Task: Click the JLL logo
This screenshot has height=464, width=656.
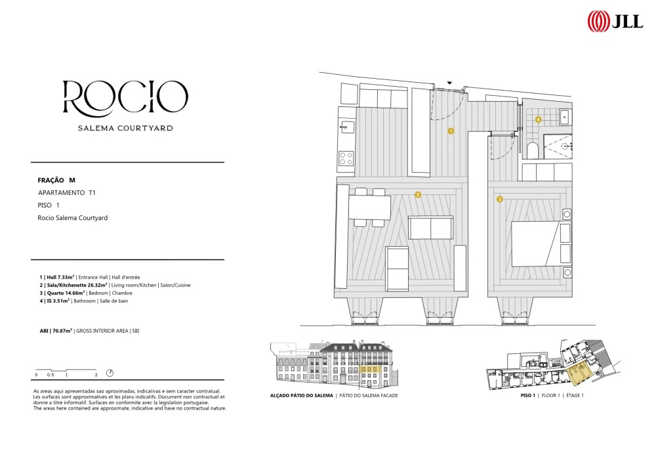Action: [x=615, y=21]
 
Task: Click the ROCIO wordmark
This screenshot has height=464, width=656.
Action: [x=125, y=98]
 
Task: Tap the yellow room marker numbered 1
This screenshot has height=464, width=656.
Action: [x=451, y=131]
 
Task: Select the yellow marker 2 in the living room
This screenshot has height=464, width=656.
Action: [x=417, y=194]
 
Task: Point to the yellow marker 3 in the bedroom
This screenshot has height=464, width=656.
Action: [x=499, y=199]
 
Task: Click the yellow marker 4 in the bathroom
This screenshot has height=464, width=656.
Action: [x=538, y=119]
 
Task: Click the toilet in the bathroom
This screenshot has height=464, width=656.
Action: [x=533, y=151]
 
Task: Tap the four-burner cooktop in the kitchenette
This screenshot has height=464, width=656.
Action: [x=346, y=158]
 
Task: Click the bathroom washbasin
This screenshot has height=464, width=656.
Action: [x=565, y=117]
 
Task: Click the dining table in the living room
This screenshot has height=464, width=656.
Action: [x=370, y=207]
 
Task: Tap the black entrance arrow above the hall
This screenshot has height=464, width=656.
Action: [x=450, y=83]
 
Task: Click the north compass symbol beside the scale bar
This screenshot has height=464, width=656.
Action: [x=110, y=373]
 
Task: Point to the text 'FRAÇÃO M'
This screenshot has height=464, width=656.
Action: [x=56, y=180]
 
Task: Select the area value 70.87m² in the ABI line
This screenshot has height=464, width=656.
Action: [x=62, y=331]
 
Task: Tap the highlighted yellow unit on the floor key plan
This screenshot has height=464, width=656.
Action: [x=579, y=375]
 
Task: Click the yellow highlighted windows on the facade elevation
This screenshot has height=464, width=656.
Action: [x=369, y=369]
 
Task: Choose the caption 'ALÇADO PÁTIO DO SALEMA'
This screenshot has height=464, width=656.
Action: [x=302, y=395]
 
